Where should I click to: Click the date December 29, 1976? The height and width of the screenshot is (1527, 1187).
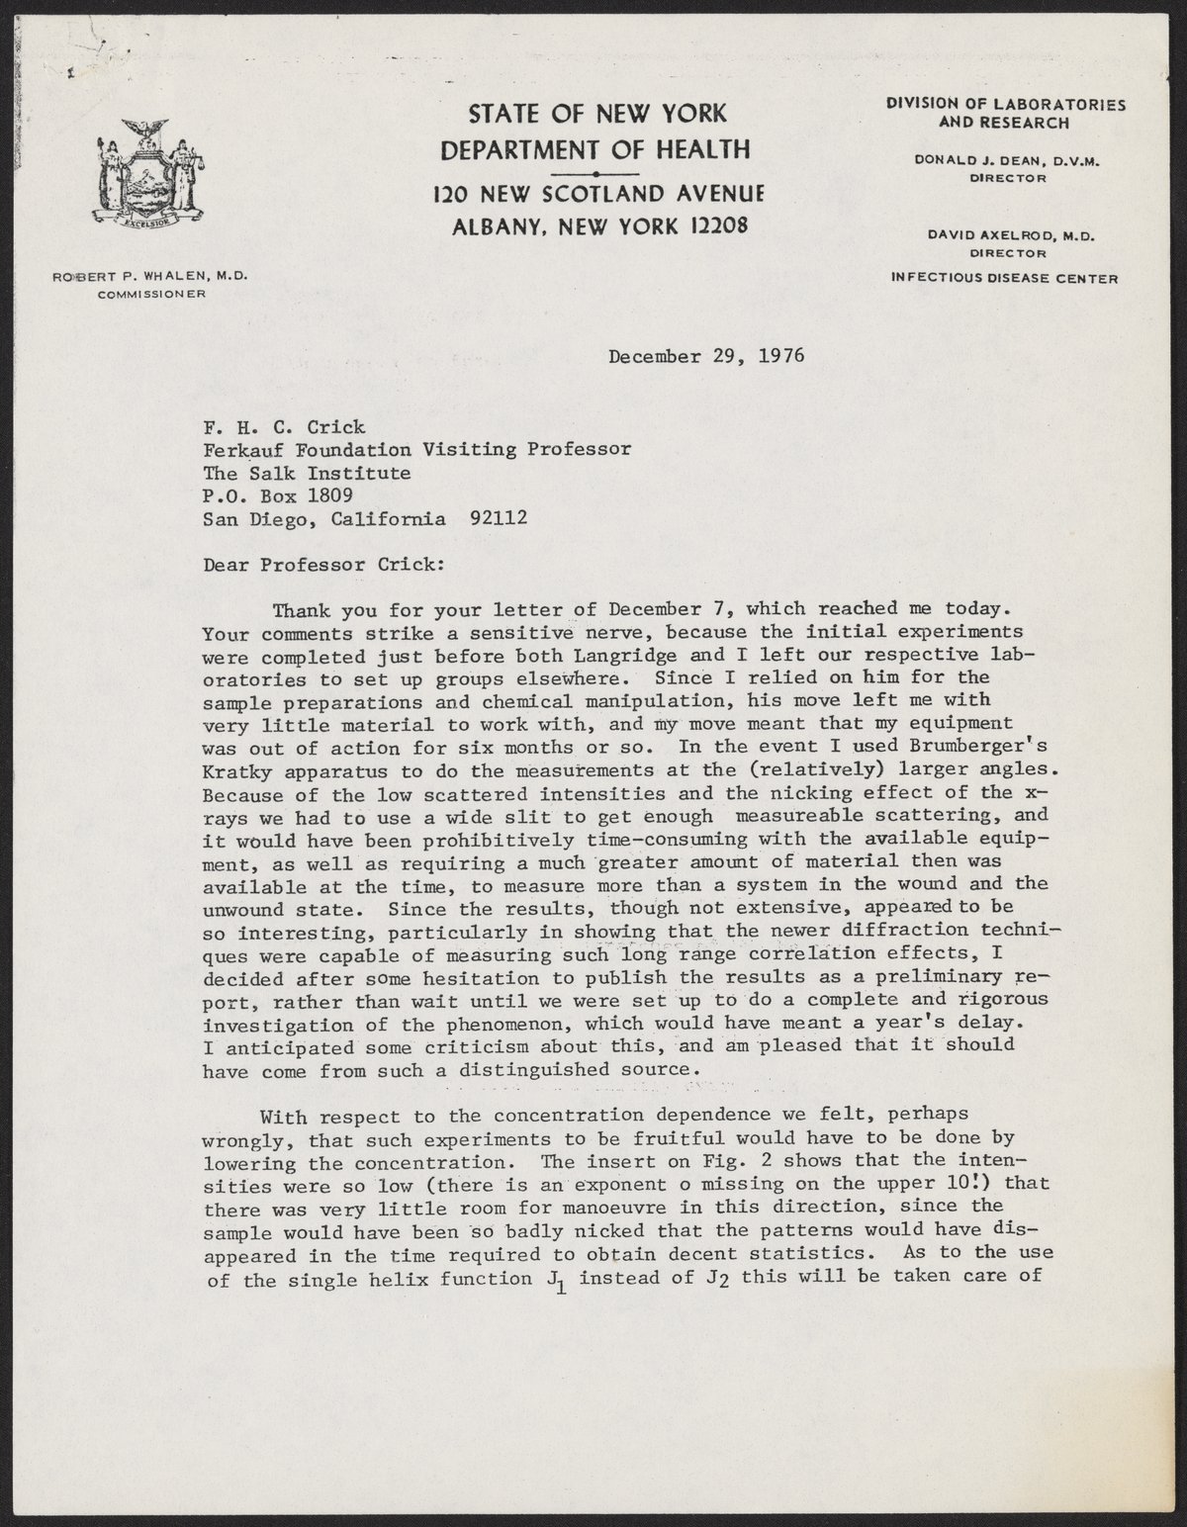(706, 356)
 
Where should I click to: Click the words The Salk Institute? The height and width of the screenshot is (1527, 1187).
(307, 473)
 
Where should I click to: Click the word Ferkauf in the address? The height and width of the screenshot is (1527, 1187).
(243, 450)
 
